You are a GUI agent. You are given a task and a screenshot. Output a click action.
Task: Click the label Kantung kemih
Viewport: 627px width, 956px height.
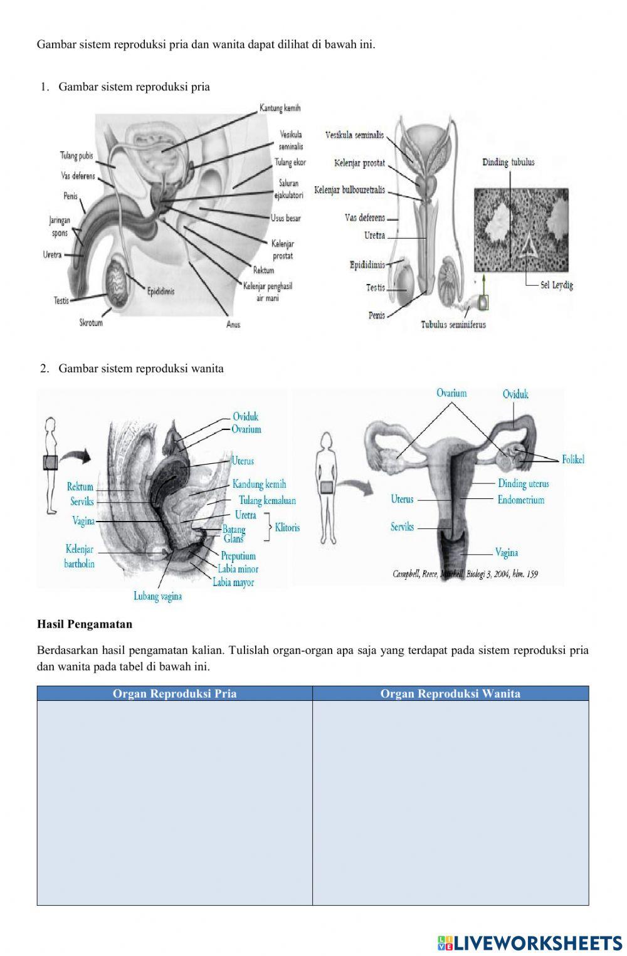pyautogui.click(x=280, y=108)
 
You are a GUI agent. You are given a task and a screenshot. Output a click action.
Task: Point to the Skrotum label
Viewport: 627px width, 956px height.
pyautogui.click(x=91, y=323)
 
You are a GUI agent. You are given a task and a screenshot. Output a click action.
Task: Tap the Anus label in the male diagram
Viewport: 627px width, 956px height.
pyautogui.click(x=233, y=325)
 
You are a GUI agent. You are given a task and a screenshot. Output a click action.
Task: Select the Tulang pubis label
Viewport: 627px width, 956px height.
pyautogui.click(x=76, y=155)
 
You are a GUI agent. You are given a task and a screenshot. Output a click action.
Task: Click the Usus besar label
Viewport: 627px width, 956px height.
pyautogui.click(x=285, y=218)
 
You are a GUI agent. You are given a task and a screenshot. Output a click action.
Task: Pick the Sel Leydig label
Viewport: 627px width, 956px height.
pyautogui.click(x=556, y=285)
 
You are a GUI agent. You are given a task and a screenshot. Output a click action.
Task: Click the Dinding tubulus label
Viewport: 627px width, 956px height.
pyautogui.click(x=508, y=162)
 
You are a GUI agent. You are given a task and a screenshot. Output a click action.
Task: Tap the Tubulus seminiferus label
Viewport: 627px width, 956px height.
pyautogui.click(x=453, y=325)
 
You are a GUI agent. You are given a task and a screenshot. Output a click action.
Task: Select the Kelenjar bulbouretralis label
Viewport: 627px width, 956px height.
pyautogui.click(x=349, y=190)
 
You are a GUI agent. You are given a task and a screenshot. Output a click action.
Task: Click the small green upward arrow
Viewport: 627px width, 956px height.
pyautogui.click(x=483, y=283)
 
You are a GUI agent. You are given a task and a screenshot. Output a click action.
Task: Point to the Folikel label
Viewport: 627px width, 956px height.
pyautogui.click(x=572, y=460)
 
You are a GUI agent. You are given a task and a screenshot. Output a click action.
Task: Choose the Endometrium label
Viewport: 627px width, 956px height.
pyautogui.click(x=520, y=500)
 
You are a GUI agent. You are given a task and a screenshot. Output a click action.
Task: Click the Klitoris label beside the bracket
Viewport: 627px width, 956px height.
pyautogui.click(x=287, y=528)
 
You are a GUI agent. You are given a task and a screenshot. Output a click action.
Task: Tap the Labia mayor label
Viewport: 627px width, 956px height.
pyautogui.click(x=233, y=582)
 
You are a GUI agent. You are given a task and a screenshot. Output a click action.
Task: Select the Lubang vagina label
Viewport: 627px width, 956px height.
pyautogui.click(x=157, y=596)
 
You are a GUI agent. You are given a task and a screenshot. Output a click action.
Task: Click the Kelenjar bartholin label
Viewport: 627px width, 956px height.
pyautogui.click(x=79, y=557)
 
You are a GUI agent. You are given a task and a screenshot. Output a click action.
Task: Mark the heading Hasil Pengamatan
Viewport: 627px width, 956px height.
pyautogui.click(x=85, y=624)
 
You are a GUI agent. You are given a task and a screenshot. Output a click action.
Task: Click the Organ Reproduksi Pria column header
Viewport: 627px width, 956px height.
pyautogui.click(x=174, y=693)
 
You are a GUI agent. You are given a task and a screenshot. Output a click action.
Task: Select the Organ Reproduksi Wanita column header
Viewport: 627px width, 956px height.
pyautogui.click(x=450, y=693)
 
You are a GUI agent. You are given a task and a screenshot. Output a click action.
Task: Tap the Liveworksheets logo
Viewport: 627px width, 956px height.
pyautogui.click(x=529, y=943)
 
